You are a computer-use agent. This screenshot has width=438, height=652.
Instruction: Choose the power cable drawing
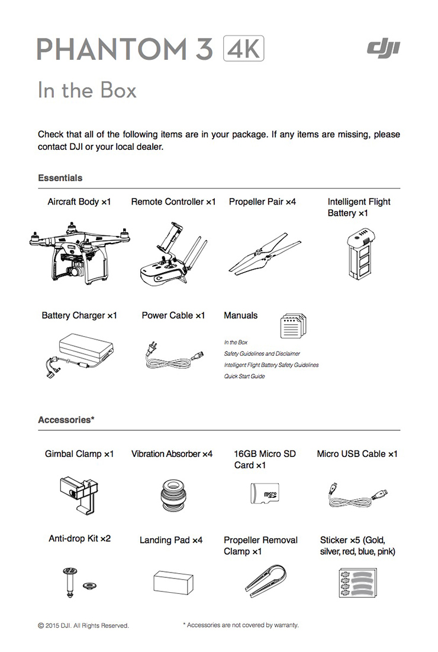174,356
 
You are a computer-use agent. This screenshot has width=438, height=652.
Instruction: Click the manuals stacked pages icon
294,324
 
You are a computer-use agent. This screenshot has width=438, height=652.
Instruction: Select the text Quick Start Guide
244,376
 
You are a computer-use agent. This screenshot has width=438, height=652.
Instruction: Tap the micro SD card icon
264,492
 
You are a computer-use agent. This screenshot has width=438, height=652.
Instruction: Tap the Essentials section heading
60,178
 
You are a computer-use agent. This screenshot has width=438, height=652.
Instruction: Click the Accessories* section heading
66,420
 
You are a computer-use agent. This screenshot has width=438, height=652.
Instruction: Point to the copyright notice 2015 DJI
83,625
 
